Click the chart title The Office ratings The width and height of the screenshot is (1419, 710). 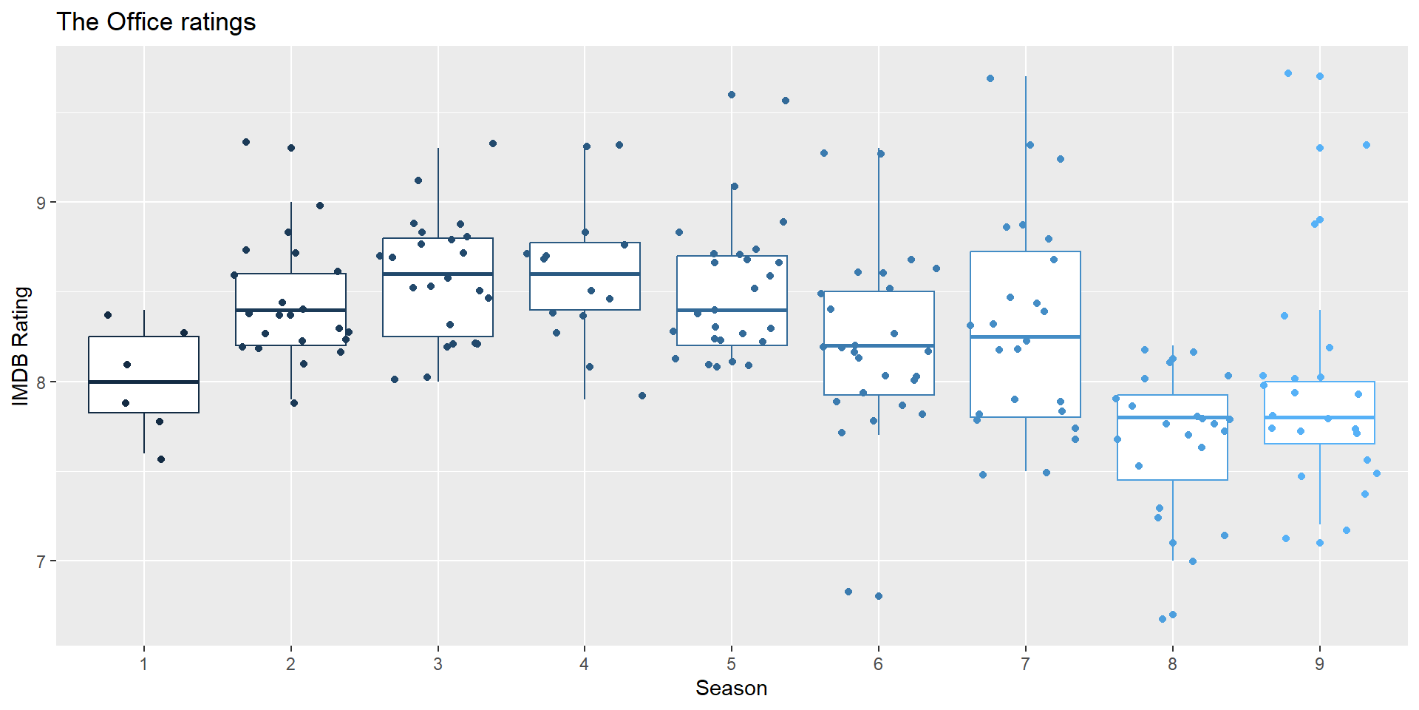[156, 22]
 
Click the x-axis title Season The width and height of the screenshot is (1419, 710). [731, 689]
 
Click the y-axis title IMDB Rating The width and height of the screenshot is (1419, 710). [21, 346]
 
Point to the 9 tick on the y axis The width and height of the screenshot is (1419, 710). [41, 203]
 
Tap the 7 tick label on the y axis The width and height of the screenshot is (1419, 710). [41, 561]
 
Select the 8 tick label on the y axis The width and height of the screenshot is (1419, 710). [41, 382]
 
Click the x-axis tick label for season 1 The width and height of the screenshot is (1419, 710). [144, 664]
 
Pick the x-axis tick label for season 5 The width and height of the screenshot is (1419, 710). [732, 664]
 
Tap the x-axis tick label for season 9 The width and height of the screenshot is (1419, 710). [1320, 664]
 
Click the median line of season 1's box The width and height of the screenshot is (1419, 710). [144, 382]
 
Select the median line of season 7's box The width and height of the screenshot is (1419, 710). [1025, 337]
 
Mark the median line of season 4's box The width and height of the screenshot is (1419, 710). [585, 274]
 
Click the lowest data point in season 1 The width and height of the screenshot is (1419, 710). [161, 459]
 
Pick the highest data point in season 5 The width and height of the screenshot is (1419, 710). [732, 95]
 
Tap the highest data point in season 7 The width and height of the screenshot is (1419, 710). [990, 78]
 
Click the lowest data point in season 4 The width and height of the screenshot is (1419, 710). [642, 396]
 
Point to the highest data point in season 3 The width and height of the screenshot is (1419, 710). [493, 143]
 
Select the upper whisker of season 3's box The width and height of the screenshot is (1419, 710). [438, 192]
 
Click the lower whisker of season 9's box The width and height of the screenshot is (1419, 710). [1320, 484]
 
